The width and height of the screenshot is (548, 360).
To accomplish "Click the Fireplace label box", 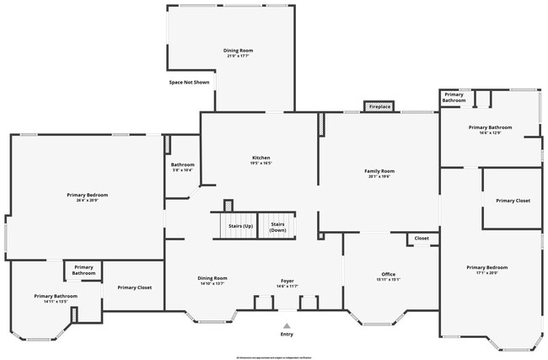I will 379,107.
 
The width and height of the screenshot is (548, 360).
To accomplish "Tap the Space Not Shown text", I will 189,83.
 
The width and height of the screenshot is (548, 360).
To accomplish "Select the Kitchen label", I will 261,160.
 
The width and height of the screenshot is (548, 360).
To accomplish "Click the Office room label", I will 388,276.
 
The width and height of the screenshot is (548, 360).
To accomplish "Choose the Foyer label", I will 287,282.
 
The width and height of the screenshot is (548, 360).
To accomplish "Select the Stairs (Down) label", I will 277,226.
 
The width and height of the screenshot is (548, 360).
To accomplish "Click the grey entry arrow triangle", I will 287,325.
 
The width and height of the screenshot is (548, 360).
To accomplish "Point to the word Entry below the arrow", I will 287,335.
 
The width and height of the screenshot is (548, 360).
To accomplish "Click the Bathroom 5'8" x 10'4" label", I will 182,167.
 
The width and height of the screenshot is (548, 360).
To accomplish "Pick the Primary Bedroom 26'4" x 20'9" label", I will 88,196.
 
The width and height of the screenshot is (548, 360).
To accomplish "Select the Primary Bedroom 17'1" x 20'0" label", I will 487,270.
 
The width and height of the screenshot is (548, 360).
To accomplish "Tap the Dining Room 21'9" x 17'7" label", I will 238,52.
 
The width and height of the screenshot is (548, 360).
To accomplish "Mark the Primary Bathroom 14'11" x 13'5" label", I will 56,298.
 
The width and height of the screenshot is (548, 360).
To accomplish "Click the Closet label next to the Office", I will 422,239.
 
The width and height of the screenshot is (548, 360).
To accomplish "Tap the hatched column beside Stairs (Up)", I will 228,205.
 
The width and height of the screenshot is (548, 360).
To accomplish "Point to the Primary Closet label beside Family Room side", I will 513,201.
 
